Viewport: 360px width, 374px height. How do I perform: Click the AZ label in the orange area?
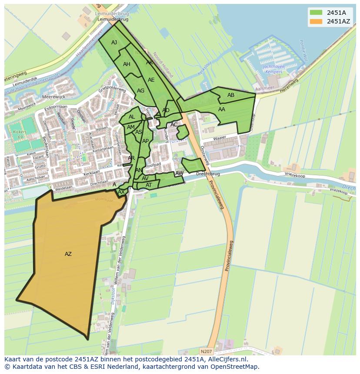(68, 254)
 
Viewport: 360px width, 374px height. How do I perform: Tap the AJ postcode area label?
(114, 43)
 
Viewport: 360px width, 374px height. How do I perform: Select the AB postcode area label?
(231, 95)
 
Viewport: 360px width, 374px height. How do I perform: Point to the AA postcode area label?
(222, 109)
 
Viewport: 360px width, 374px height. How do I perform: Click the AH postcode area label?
(127, 64)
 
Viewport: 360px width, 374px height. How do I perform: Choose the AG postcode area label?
(140, 91)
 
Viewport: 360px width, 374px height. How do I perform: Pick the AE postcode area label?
(151, 80)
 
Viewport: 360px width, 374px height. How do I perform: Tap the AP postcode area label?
(145, 141)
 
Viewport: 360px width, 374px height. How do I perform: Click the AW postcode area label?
(179, 173)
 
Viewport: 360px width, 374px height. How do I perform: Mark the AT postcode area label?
(149, 185)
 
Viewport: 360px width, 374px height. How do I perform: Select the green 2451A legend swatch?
(316, 13)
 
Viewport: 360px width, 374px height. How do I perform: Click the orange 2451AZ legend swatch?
(316, 21)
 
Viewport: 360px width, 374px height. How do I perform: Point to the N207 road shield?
(207, 351)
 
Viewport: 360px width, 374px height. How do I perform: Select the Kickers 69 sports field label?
(17, 134)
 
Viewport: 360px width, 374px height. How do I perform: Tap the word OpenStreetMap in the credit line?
(237, 367)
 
